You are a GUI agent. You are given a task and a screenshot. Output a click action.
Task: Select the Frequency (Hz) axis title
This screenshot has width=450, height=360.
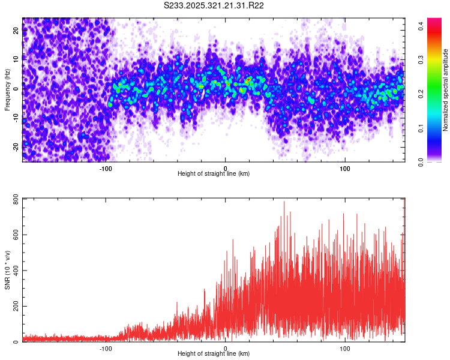pyautogui.click(x=7, y=89)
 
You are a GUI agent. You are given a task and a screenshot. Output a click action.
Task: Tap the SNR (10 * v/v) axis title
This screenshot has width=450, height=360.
pyautogui.click(x=7, y=269)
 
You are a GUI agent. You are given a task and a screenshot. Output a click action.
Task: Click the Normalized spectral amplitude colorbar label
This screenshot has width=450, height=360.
pyautogui.click(x=446, y=90)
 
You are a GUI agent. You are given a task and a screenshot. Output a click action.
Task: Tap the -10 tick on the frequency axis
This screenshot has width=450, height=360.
pyautogui.click(x=16, y=118)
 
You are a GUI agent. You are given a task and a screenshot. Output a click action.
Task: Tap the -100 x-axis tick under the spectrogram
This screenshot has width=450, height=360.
pyautogui.click(x=106, y=168)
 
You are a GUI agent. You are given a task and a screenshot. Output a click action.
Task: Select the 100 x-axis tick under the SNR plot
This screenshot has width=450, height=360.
pyautogui.click(x=344, y=348)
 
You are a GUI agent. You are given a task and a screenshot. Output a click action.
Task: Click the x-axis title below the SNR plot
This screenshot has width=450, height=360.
pyautogui.click(x=214, y=354)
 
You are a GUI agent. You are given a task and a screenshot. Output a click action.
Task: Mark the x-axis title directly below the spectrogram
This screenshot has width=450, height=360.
pyautogui.click(x=214, y=174)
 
